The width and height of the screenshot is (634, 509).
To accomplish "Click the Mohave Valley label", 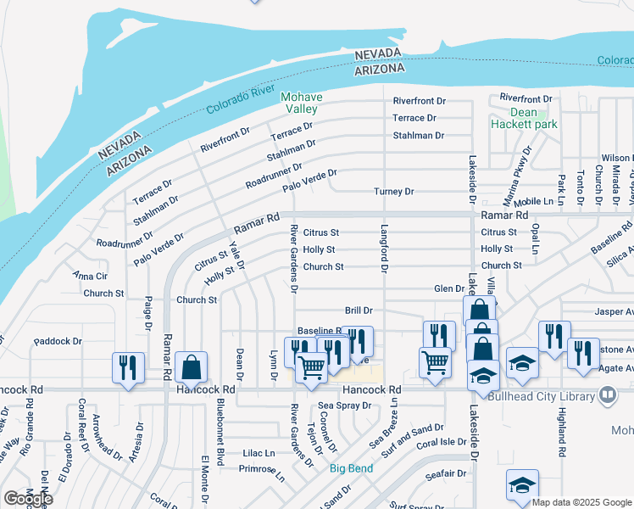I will coord(300,103).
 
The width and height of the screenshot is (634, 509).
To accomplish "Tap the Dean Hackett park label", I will coord(523,118).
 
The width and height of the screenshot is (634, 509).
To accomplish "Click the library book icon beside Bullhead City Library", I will coord(608,394).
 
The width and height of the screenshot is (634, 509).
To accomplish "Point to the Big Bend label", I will coord(348,467).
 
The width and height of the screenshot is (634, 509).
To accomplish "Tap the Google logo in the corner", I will coord(28,499).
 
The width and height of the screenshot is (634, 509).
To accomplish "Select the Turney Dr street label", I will coord(394,192).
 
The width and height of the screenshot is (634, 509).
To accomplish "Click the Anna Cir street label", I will coord(90,276).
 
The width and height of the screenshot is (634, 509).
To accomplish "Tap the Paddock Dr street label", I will coord(58,342).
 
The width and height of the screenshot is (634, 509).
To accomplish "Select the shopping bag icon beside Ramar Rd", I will coord(192,368).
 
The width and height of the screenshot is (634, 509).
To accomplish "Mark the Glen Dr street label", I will coord(448,288).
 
